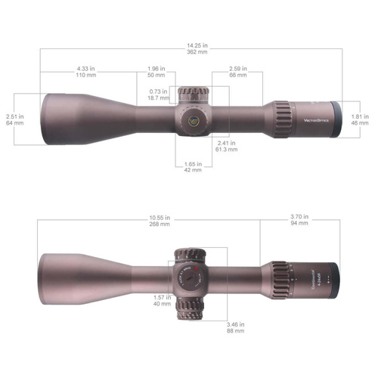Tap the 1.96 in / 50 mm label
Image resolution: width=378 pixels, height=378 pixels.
point(156,75)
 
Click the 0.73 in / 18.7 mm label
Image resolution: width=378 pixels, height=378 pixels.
point(158,95)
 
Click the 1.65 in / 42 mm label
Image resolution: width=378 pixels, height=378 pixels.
point(193,167)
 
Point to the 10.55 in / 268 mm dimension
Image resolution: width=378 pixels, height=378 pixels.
point(160,222)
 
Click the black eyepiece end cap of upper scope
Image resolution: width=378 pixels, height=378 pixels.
point(334,119)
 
